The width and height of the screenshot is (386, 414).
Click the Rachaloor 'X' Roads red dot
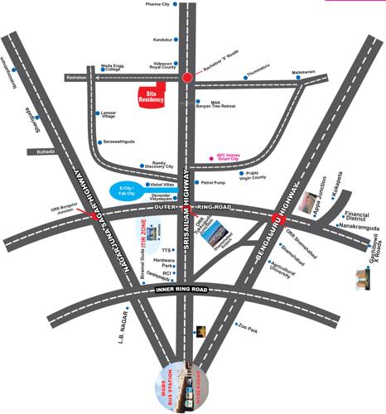click(187, 77)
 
